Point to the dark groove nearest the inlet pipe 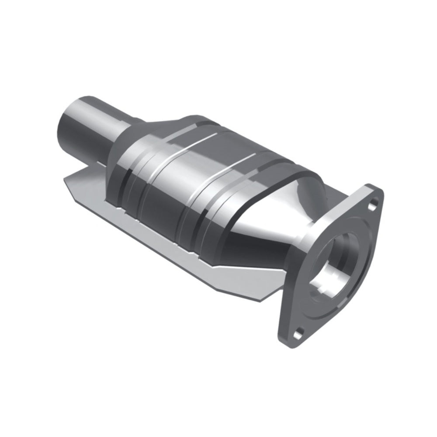point(127,184)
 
